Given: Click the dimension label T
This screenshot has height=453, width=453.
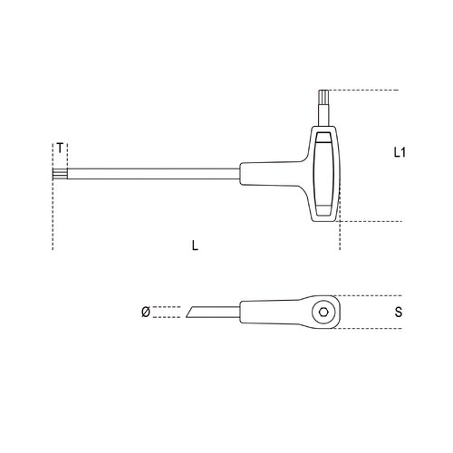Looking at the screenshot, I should (x=60, y=148).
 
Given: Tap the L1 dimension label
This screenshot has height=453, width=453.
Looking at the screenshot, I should (x=399, y=154).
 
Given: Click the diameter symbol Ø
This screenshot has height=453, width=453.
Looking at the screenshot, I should (x=144, y=313).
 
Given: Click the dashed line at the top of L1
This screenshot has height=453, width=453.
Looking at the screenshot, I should (x=362, y=90).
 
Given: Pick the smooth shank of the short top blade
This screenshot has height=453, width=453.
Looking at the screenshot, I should (x=324, y=118).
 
